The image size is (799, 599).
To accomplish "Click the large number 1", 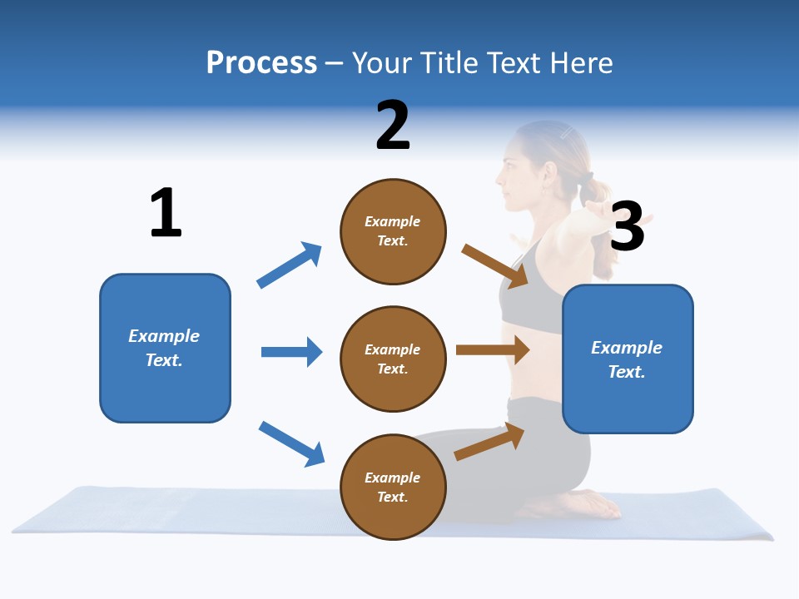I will pos(166,213).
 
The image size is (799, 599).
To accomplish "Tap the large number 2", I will pos(392,126).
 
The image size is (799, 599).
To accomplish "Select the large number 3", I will pos(627,226).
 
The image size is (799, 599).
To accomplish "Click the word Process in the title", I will pos(261,62).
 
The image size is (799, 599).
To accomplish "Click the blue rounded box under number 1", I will pos(165,348).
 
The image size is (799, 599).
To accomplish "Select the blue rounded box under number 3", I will pos(628,359).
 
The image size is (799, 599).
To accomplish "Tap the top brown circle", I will pos(393,231).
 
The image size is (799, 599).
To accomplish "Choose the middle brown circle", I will pos(393,359).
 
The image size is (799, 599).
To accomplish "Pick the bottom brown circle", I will pos(393,487).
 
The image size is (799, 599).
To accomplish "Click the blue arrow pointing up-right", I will pos(290,265).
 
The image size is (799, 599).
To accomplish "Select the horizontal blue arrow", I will pos(291,352).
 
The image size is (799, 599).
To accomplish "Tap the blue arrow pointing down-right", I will pos(291,443).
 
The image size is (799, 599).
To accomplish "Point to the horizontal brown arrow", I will pos(493,349).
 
